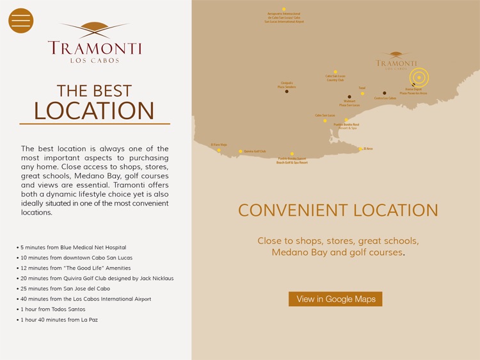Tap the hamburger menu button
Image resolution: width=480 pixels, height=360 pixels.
point(20,20)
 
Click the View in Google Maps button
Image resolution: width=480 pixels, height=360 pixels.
point(335,299)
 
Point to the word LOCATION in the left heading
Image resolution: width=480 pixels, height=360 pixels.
point(94,111)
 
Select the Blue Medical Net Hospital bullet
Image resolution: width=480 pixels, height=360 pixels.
point(73,247)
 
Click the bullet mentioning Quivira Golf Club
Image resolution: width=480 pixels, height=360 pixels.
point(97,279)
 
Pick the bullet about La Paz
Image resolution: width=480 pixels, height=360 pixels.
point(59,320)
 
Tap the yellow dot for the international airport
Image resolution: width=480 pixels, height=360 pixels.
point(284,9)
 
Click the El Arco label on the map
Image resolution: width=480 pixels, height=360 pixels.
point(369,149)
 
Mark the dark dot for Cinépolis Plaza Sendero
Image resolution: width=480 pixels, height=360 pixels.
point(287,92)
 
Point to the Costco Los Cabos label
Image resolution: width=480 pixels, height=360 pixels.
point(385,98)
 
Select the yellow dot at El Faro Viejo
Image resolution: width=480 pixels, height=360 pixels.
point(219,150)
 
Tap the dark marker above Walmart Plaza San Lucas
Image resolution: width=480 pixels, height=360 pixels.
point(349,97)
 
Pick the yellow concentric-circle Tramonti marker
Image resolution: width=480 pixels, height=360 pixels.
point(419,78)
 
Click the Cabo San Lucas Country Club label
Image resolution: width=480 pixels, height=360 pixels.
point(335,78)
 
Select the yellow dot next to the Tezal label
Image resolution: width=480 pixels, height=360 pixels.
point(362,94)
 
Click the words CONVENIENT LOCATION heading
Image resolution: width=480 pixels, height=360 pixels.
point(338,210)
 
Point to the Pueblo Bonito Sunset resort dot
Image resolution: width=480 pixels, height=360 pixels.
point(292,154)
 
